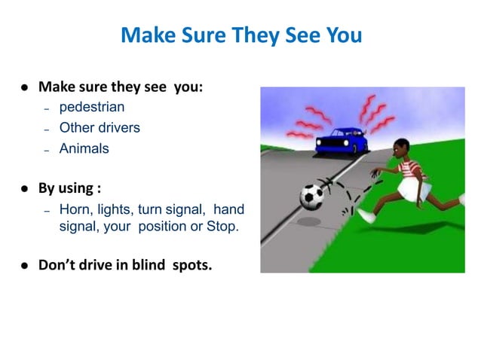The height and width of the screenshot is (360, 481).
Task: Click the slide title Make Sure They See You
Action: click(240, 35)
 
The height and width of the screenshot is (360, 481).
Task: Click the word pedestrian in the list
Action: click(92, 107)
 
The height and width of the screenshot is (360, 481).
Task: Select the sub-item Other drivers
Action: click(100, 127)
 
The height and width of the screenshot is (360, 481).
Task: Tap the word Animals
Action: click(84, 148)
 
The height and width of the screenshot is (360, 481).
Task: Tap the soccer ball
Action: click(311, 196)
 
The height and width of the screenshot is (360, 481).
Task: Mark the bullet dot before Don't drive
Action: click(25, 265)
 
